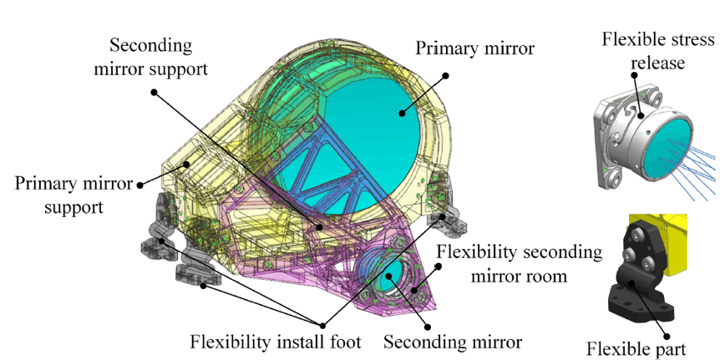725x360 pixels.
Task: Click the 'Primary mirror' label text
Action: click(476, 48)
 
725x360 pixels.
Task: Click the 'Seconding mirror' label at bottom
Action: click(453, 342)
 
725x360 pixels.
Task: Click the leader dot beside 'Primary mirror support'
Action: click(140, 184)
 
